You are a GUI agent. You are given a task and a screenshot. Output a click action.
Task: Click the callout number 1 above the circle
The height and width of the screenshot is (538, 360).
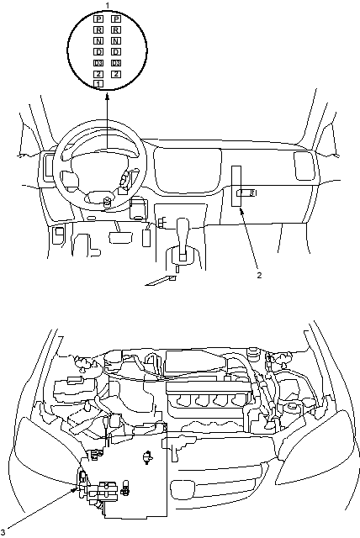[x=108, y=5]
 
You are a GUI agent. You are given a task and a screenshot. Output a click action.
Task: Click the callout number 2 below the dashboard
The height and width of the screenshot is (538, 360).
[x=259, y=275]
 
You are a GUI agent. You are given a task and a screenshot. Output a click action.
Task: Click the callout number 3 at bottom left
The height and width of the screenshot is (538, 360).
[x=3, y=533]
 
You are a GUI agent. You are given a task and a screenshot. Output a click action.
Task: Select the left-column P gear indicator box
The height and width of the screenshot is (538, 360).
[x=98, y=19]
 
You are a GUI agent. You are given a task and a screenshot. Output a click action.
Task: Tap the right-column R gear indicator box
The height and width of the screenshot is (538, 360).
[x=116, y=30]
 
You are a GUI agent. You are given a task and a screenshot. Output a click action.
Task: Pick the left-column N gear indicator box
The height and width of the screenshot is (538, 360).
[x=98, y=41]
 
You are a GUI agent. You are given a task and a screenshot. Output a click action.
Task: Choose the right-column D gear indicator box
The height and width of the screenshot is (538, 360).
[x=116, y=52]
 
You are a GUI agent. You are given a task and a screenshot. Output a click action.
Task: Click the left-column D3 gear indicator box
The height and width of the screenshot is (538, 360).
[x=98, y=63]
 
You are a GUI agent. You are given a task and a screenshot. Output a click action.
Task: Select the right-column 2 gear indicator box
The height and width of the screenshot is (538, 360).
[x=116, y=74]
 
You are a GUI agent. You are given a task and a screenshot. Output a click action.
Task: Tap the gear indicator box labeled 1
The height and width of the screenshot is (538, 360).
[x=98, y=83]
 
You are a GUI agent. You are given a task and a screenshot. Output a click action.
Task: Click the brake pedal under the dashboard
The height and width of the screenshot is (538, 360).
[x=121, y=237]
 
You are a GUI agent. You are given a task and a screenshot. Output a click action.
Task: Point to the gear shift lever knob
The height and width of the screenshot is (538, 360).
[x=183, y=226]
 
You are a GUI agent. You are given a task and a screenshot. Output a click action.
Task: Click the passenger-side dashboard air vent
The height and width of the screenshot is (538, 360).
[x=304, y=166]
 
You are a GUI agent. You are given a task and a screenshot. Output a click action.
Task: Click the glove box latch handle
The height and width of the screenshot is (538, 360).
[x=246, y=193]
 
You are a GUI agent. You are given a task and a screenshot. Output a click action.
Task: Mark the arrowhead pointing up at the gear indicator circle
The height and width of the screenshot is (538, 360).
[x=107, y=98]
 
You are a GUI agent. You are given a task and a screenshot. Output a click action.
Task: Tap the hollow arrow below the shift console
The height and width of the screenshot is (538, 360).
[x=161, y=281]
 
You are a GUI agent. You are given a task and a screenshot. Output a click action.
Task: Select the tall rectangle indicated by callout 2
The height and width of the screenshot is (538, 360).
[x=236, y=187]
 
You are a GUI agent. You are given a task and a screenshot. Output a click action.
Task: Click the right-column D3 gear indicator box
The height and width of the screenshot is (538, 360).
[x=116, y=63]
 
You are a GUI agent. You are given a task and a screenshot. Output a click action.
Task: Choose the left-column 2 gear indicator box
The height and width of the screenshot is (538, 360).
[x=98, y=74]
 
